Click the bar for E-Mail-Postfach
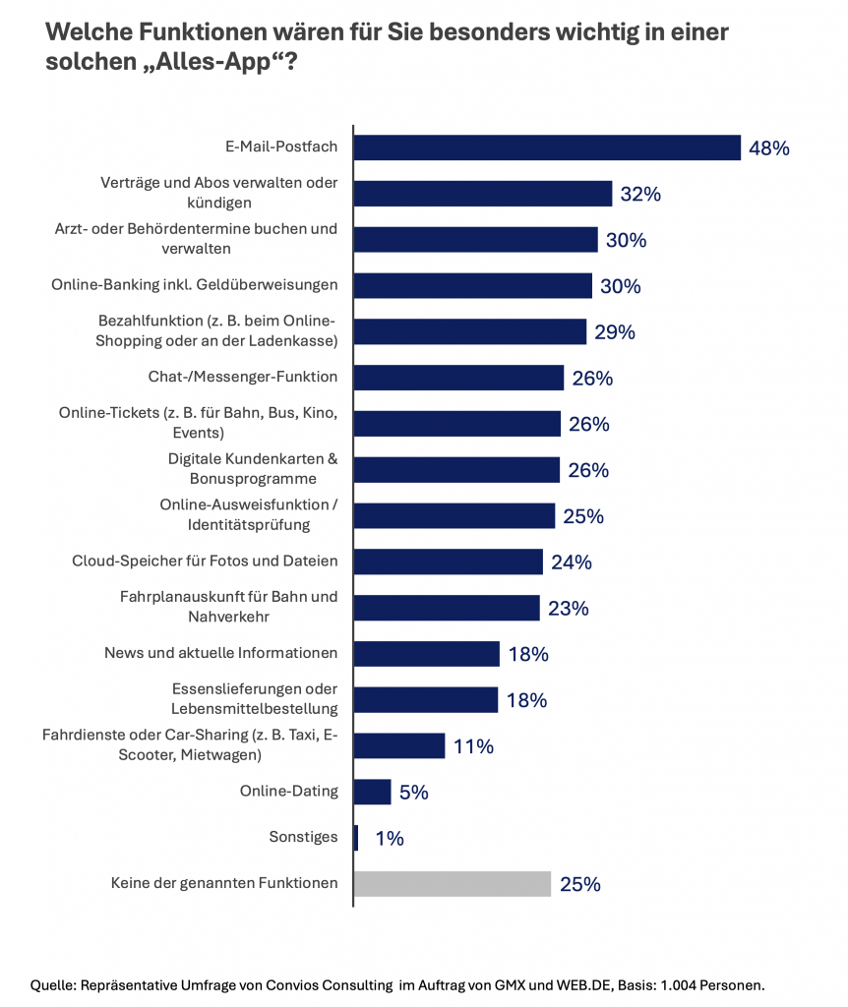click(546, 148)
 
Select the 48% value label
click(769, 148)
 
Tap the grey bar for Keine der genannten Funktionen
click(452, 883)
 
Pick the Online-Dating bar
click(372, 792)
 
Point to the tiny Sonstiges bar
click(356, 838)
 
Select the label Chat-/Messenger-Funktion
click(243, 377)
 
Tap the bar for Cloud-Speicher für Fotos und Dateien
click(448, 562)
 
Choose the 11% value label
click(473, 746)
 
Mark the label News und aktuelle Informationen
click(221, 653)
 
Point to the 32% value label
click(640, 195)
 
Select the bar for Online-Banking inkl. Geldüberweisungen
click(472, 285)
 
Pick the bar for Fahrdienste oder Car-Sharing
click(398, 745)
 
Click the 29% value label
click(615, 332)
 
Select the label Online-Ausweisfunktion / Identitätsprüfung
click(249, 514)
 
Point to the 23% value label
click(568, 609)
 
